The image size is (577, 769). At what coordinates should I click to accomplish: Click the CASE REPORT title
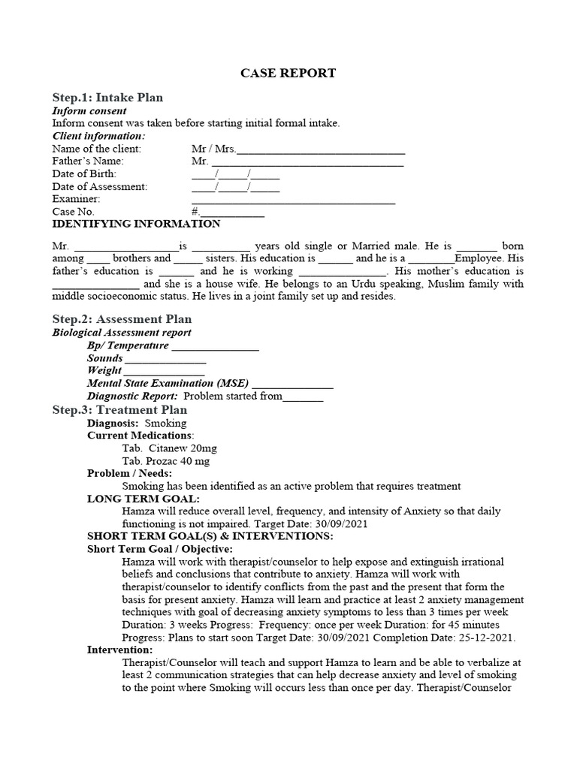[288, 73]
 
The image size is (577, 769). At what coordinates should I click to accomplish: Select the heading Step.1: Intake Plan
[107, 98]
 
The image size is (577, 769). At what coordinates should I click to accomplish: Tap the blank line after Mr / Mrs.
[321, 149]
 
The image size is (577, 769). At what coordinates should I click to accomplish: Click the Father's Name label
[88, 161]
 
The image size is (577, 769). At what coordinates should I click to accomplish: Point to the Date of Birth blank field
[235, 174]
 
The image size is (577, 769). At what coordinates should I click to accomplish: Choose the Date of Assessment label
[100, 186]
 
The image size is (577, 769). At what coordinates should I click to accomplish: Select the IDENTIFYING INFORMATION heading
[136, 225]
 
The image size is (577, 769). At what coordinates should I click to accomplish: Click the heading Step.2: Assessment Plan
[122, 319]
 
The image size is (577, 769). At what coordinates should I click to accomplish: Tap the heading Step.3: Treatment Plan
[119, 410]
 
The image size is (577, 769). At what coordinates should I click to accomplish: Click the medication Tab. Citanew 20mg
[169, 448]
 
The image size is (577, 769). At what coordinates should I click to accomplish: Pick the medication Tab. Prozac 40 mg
[166, 460]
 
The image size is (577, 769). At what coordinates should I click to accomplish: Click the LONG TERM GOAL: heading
[143, 499]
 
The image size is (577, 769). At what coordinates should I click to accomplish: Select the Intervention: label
[119, 650]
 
